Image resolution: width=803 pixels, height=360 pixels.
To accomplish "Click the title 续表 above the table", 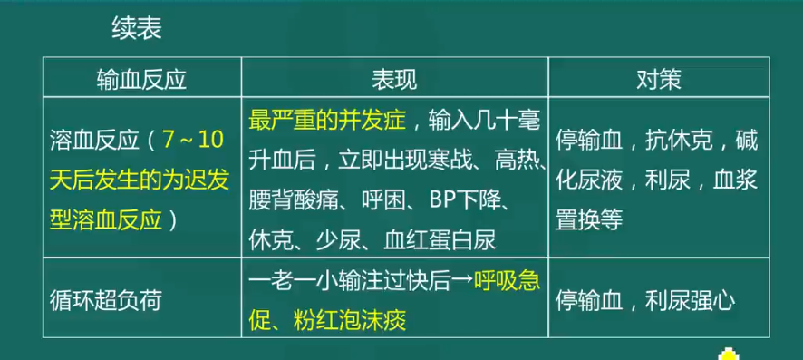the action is [137, 30].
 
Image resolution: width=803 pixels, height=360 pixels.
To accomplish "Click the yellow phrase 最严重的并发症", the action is [327, 121].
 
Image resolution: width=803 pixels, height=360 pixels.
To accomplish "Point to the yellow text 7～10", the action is [194, 140].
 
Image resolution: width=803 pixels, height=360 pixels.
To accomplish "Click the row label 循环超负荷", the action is [105, 302].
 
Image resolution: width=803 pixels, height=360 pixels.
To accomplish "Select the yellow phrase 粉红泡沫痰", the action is [350, 321].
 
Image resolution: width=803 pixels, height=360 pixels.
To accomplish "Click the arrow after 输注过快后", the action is [462, 281].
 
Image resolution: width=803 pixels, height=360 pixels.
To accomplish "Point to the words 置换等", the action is [589, 221].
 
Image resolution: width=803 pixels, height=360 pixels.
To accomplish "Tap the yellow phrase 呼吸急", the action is [507, 281].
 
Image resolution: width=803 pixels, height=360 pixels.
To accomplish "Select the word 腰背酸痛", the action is [294, 202].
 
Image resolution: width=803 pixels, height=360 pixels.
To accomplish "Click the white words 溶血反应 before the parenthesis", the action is [94, 140].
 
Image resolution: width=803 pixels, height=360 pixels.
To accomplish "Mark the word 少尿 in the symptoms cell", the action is [339, 241].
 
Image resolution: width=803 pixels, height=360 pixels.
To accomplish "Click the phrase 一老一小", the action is [294, 281].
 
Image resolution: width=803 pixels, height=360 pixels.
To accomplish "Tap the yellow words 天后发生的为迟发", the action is [140, 180].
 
